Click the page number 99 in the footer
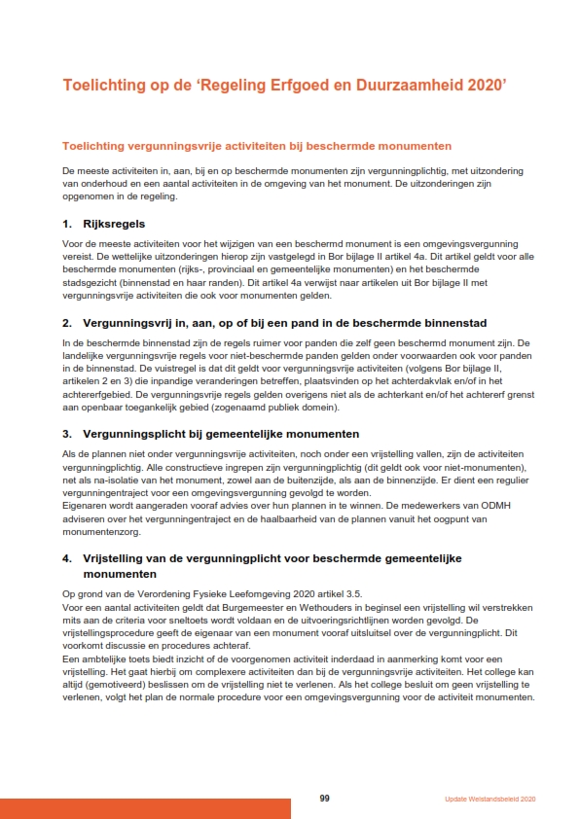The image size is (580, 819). click(324, 799)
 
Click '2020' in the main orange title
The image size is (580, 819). click(485, 86)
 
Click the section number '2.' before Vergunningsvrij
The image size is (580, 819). click(66, 322)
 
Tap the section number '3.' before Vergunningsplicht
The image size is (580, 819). click(66, 433)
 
